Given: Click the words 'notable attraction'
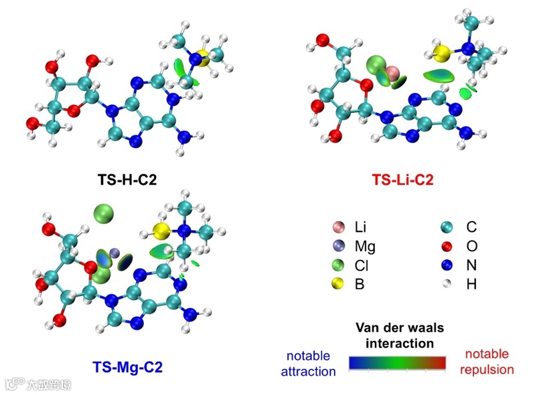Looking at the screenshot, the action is [311, 363].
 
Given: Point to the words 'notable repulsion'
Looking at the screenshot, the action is [487, 361].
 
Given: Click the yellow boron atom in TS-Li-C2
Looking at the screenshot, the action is [441, 53].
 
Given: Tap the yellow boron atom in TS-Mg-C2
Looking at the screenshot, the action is [160, 232].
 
